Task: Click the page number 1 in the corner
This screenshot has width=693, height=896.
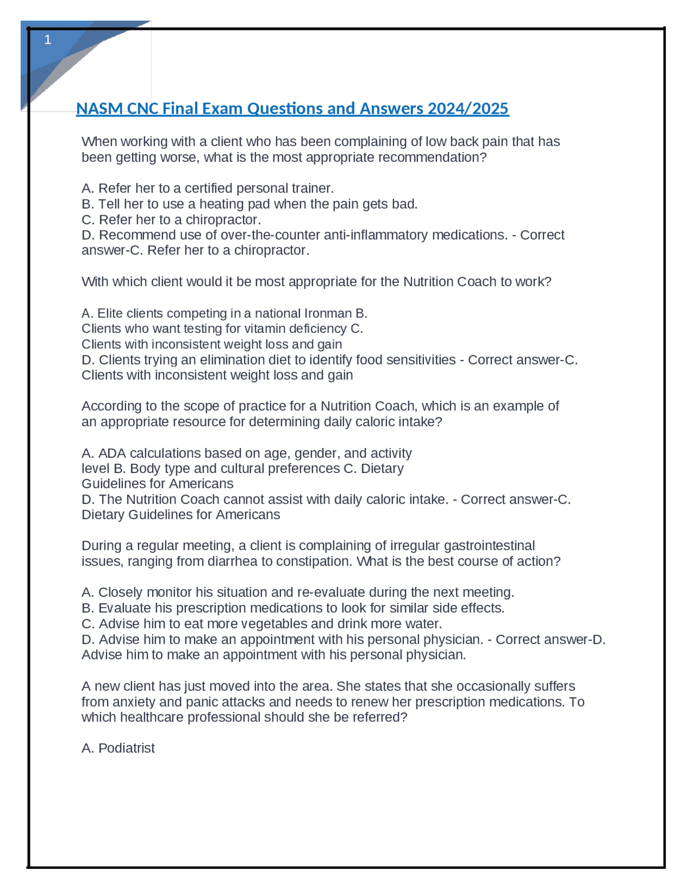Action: [x=48, y=39]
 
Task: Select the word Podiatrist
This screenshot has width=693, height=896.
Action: [x=127, y=748]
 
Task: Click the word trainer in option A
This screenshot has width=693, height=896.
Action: [x=311, y=188]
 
